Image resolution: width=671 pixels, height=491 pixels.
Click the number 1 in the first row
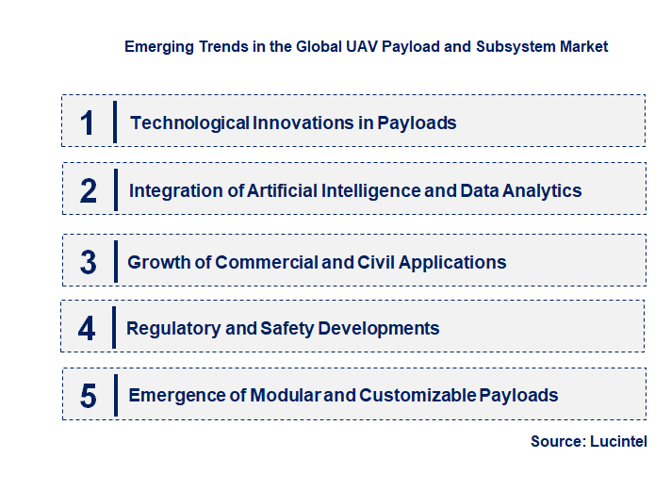[x=87, y=123]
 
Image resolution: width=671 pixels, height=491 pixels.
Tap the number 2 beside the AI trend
[x=88, y=190]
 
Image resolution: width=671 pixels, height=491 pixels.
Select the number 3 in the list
[x=88, y=262]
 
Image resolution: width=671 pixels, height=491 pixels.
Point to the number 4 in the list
[x=87, y=328]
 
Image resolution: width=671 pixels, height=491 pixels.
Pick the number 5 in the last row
[x=88, y=396]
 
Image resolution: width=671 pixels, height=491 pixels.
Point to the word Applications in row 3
[x=452, y=262]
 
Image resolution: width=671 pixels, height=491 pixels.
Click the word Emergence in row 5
[x=176, y=395]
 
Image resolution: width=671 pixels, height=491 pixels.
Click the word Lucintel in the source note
[x=619, y=441]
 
